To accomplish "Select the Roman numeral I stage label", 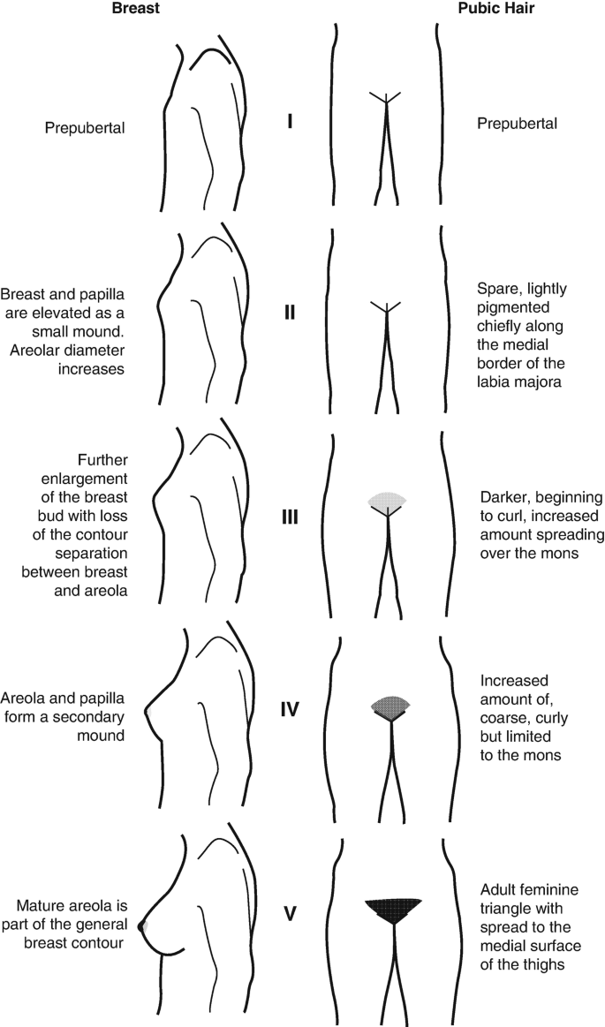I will (290, 122).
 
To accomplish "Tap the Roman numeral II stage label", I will (290, 313).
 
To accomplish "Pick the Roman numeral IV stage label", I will (290, 707).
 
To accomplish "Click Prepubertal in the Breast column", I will (85, 128).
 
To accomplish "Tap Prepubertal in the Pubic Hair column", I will (517, 124).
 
